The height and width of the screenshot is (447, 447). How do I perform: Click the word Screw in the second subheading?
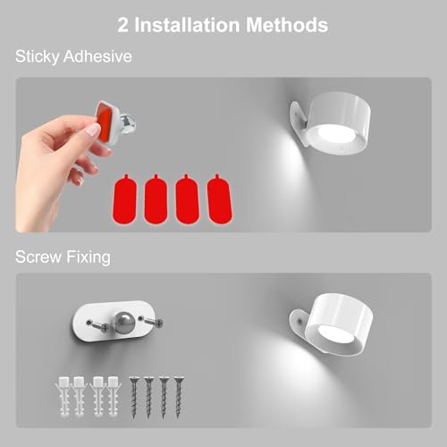pos(38,257)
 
